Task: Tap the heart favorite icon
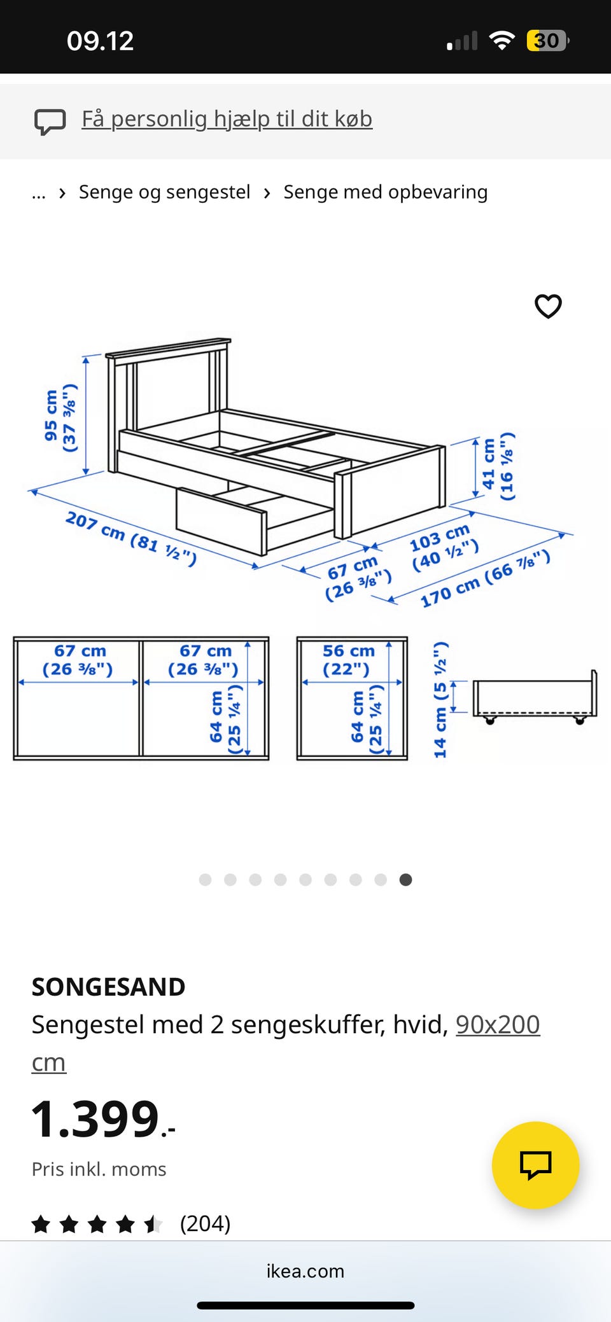[x=548, y=306]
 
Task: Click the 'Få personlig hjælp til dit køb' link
[x=227, y=119]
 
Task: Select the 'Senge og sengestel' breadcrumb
[x=164, y=192]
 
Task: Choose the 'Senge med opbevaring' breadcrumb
[x=386, y=192]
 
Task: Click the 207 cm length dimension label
[x=131, y=538]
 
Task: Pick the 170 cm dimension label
[x=485, y=578]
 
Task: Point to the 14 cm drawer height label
[x=440, y=700]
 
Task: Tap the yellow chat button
[x=535, y=1165]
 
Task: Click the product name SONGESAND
[x=109, y=987]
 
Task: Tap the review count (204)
[x=205, y=1223]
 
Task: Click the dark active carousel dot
[x=405, y=880]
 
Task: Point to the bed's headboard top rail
[x=169, y=348]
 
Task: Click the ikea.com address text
[x=305, y=1271]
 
